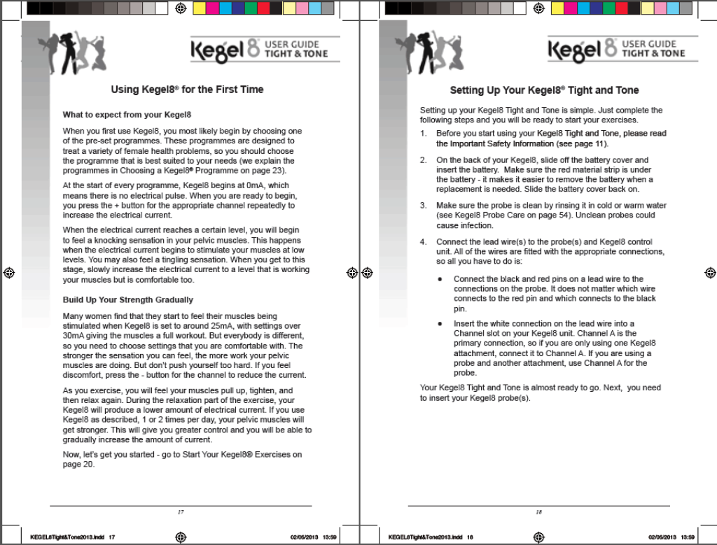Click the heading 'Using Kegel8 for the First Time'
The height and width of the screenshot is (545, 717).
[x=187, y=90]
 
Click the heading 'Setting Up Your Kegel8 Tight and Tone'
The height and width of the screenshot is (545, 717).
[x=544, y=90]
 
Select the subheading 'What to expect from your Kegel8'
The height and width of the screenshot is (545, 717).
[x=127, y=114]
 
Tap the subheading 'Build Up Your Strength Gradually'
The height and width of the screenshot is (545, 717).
[x=128, y=300]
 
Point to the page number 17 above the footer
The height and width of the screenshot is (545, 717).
[x=181, y=512]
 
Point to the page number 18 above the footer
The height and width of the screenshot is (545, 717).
[x=538, y=512]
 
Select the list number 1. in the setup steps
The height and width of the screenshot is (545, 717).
[x=423, y=133]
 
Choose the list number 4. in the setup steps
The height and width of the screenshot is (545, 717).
[x=423, y=242]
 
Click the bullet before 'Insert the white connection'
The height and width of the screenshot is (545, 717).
[x=439, y=324]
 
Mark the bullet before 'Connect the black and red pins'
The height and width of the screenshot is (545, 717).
[x=439, y=279]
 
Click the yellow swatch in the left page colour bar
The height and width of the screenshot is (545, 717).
[x=199, y=8]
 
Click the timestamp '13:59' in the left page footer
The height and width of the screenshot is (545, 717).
[x=330, y=537]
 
